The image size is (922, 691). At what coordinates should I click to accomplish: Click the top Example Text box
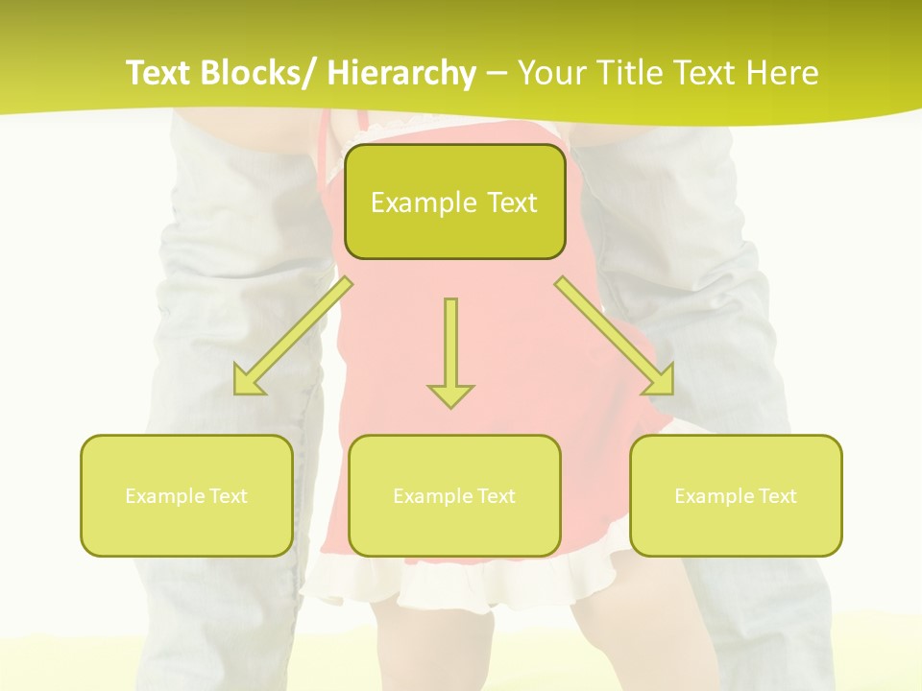(x=454, y=202)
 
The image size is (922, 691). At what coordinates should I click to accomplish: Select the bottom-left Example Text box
(x=186, y=495)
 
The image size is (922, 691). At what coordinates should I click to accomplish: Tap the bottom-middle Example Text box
(x=454, y=495)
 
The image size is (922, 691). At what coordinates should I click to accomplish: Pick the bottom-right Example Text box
(x=736, y=495)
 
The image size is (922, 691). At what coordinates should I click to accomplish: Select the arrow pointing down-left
(x=293, y=336)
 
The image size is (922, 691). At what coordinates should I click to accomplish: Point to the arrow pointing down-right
(x=615, y=336)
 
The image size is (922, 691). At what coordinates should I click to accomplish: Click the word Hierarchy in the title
(x=401, y=73)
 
